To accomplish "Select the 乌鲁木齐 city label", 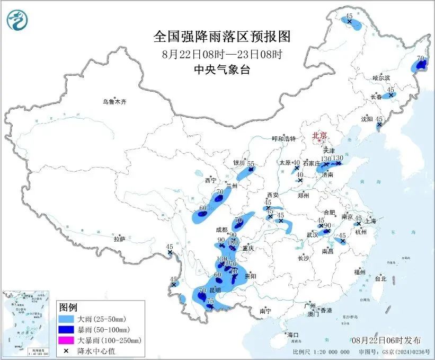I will tap(116, 101).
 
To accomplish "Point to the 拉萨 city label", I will tap(119, 239).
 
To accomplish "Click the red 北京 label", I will tap(320, 135).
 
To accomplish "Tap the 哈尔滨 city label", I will tap(381, 78).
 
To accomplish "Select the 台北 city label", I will tap(380, 278).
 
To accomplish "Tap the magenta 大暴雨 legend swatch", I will tap(67, 340).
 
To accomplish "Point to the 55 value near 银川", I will tap(251, 164).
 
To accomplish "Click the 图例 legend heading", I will tap(68, 308).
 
